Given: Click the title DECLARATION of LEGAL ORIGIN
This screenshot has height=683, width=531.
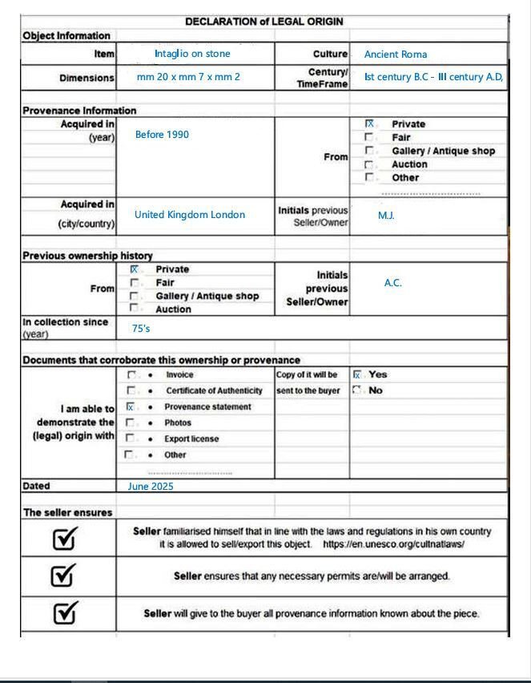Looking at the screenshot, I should [x=263, y=22].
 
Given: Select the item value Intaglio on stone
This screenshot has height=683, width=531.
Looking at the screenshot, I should [x=192, y=54].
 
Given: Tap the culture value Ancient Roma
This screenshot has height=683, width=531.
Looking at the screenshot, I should [x=396, y=55].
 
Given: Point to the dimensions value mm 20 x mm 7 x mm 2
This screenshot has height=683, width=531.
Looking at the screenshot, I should [x=188, y=77].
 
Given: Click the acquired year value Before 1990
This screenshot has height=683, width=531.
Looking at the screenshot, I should [x=162, y=135].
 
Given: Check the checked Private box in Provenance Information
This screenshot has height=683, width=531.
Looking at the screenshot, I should [x=369, y=124].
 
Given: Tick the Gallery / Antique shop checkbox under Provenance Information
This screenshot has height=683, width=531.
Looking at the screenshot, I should [x=369, y=151].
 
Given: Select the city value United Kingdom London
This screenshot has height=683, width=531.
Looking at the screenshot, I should [x=190, y=215].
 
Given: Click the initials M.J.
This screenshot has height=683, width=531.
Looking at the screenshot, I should [x=386, y=216].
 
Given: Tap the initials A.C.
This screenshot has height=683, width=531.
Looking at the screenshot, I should [x=392, y=283].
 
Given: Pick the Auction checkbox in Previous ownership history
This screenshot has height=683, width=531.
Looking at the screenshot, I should [x=135, y=309].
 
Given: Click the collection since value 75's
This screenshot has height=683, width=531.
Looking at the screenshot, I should [x=141, y=329].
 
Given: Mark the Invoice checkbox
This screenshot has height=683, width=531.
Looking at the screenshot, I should [x=131, y=374].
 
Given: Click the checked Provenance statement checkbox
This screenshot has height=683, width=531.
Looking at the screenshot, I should [x=131, y=406].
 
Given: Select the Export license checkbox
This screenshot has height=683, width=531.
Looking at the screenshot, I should [x=131, y=438].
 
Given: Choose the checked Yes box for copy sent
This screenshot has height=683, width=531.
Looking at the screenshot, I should [x=357, y=374].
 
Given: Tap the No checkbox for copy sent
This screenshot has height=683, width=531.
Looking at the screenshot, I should [x=357, y=390].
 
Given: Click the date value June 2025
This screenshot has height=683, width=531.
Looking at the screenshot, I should [x=151, y=486].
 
